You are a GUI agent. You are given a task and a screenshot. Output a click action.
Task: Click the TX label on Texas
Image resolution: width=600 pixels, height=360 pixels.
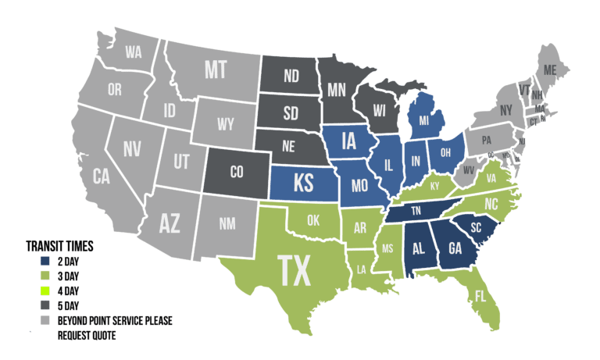(295, 271)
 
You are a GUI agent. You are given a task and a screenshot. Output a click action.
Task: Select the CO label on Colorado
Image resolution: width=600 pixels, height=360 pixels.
(236, 171)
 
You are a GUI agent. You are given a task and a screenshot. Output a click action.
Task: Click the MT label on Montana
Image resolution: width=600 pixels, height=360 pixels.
(216, 70)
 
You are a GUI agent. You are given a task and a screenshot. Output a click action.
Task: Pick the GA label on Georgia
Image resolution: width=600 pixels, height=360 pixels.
(455, 248)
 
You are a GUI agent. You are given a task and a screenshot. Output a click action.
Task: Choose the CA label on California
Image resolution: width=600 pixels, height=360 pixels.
(101, 177)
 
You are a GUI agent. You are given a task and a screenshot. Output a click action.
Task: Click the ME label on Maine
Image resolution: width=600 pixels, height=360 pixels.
(550, 70)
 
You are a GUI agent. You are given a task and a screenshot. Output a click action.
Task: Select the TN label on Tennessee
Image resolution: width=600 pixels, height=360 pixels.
(416, 212)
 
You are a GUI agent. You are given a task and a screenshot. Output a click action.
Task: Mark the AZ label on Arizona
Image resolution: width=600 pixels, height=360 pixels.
(170, 223)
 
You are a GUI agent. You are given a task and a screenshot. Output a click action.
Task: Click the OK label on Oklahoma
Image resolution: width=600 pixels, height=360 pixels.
(313, 220)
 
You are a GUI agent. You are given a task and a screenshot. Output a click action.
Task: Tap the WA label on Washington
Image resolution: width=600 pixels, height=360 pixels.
(134, 52)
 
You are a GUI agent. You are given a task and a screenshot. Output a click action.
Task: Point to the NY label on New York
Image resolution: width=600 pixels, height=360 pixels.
(505, 110)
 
